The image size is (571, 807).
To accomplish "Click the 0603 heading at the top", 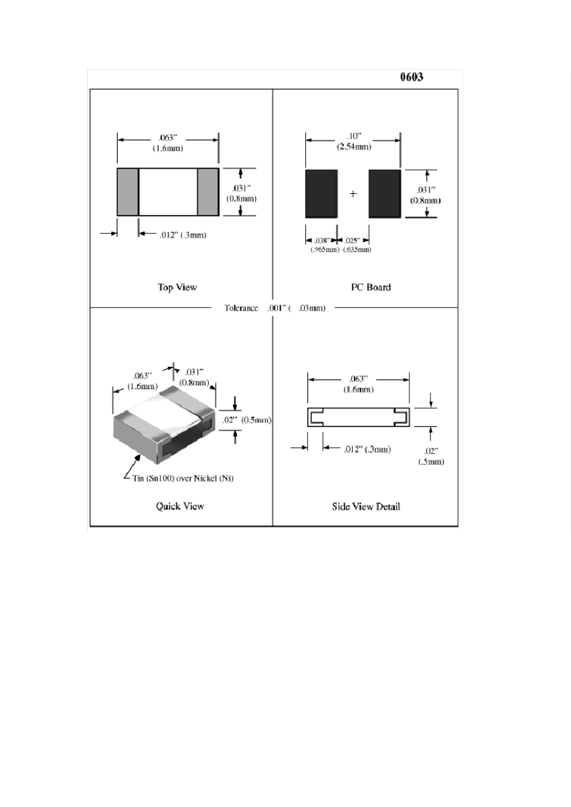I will [412, 77].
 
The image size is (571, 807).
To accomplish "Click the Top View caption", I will [177, 287].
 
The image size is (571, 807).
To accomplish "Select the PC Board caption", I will [371, 287].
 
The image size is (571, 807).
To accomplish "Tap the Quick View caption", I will [180, 506].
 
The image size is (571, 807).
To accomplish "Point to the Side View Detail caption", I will [366, 506].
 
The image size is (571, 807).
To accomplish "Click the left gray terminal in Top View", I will [127, 192].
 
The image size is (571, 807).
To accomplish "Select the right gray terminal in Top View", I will [208, 192].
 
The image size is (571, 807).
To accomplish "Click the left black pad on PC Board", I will [321, 193].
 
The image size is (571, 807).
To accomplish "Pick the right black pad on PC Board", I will [385, 193].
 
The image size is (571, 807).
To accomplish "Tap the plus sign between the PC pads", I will [353, 193].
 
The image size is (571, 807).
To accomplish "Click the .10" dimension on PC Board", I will [353, 136].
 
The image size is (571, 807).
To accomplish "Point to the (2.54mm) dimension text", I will [353, 147].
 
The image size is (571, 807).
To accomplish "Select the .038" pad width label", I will [322, 241].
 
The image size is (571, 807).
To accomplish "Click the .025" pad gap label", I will [352, 241].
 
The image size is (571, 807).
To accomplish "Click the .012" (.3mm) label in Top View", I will [183, 235].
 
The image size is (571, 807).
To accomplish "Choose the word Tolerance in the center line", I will [241, 308].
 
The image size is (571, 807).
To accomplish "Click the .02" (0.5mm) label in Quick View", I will [246, 420].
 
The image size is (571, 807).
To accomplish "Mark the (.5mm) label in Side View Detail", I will [431, 462].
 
